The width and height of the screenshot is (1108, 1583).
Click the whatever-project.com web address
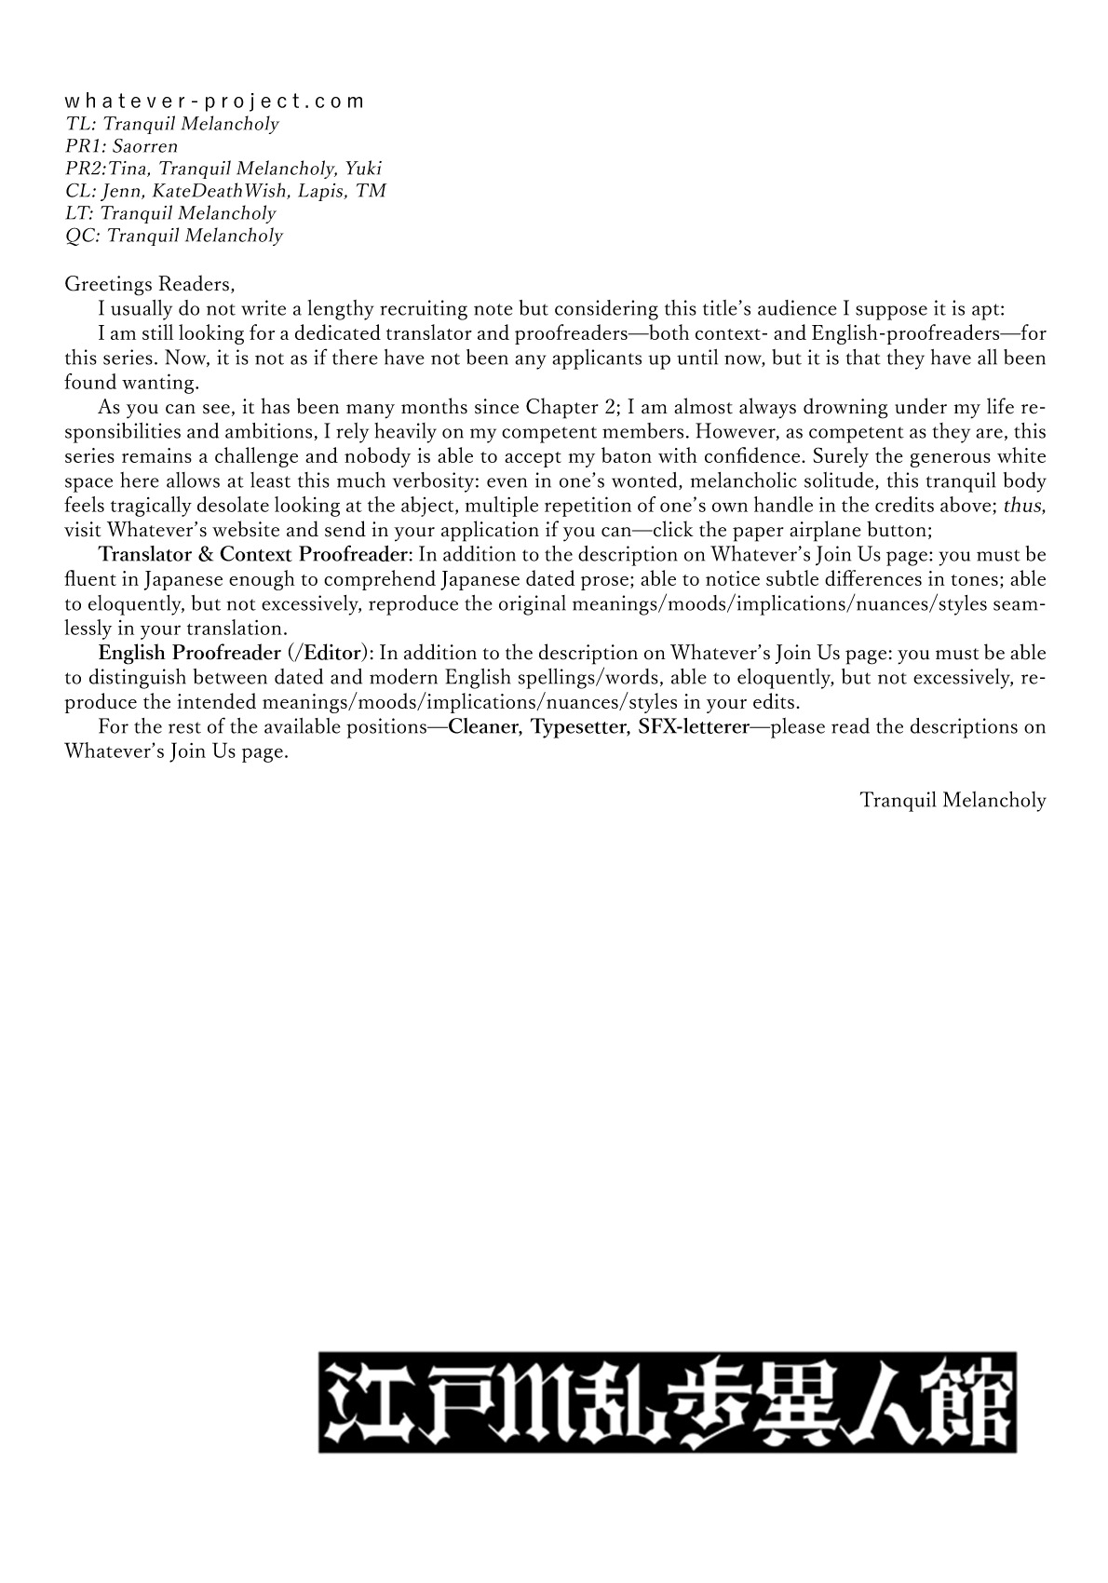(x=215, y=101)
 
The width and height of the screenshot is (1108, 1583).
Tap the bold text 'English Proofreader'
(x=189, y=654)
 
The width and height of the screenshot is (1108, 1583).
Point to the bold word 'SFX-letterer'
(x=694, y=727)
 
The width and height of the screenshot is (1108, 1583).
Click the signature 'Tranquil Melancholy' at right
(x=953, y=800)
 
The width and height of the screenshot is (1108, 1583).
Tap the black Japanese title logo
(x=668, y=1402)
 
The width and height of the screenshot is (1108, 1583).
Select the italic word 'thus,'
(x=1024, y=506)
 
